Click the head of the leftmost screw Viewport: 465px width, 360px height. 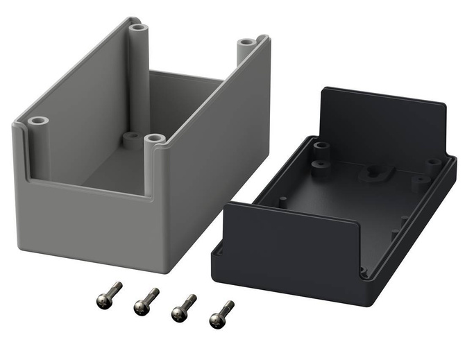100,299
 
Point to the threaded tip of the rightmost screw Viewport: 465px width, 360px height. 232,303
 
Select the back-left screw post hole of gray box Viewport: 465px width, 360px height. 138,28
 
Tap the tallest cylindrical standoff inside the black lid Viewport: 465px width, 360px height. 321,148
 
